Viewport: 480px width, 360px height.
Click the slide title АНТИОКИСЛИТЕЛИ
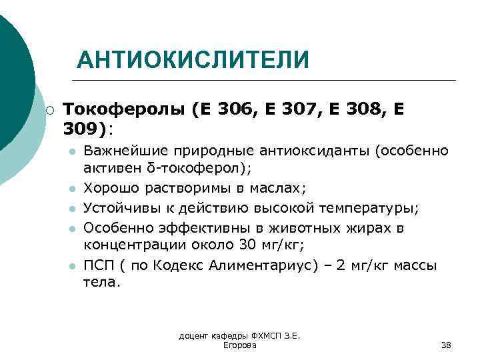[x=193, y=61]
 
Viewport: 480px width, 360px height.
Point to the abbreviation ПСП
[x=98, y=265]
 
